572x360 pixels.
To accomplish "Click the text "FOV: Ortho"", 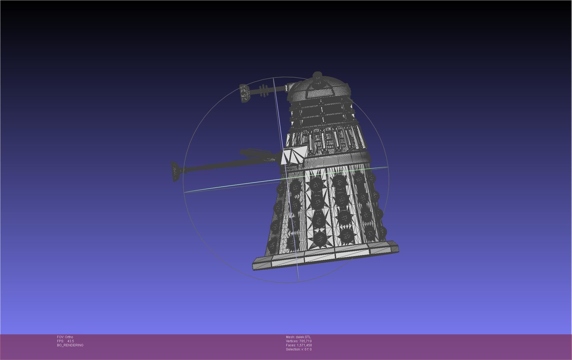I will click(65, 337).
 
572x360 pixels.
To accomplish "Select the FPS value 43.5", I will click(71, 341).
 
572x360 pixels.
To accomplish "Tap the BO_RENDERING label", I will click(70, 345).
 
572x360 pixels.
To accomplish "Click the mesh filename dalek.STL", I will click(303, 337).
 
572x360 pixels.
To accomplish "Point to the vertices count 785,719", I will click(305, 341).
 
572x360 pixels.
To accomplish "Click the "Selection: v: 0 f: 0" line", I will click(299, 349).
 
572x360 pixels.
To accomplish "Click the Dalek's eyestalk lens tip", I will click(245, 93).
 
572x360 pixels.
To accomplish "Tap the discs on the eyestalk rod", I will click(264, 91).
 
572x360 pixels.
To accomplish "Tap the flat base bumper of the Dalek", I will click(325, 256).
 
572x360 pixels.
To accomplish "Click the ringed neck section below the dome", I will click(322, 113).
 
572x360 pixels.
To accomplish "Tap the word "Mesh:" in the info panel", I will click(290, 337).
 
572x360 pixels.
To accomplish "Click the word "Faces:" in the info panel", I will click(291, 345).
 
